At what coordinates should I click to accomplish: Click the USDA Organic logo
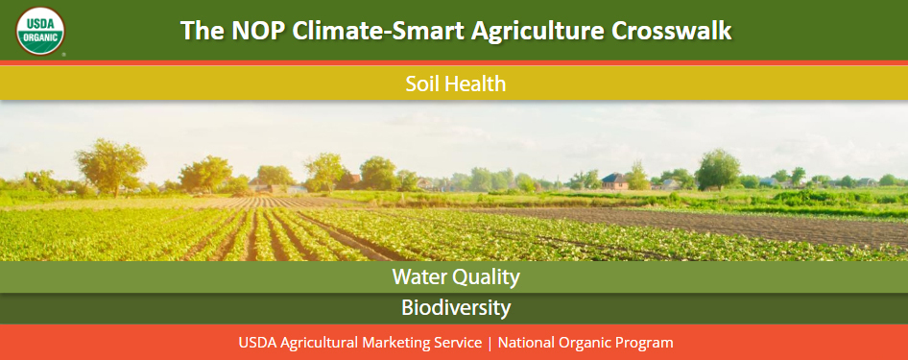tap(40, 30)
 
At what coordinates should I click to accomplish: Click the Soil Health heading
tap(455, 84)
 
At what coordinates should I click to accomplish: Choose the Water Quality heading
tap(455, 277)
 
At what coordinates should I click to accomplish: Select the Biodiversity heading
tap(455, 308)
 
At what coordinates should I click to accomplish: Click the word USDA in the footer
tap(257, 343)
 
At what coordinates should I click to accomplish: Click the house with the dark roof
tap(613, 180)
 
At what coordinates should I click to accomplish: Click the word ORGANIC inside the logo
tap(40, 38)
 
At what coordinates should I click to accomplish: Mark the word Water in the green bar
tap(418, 277)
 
